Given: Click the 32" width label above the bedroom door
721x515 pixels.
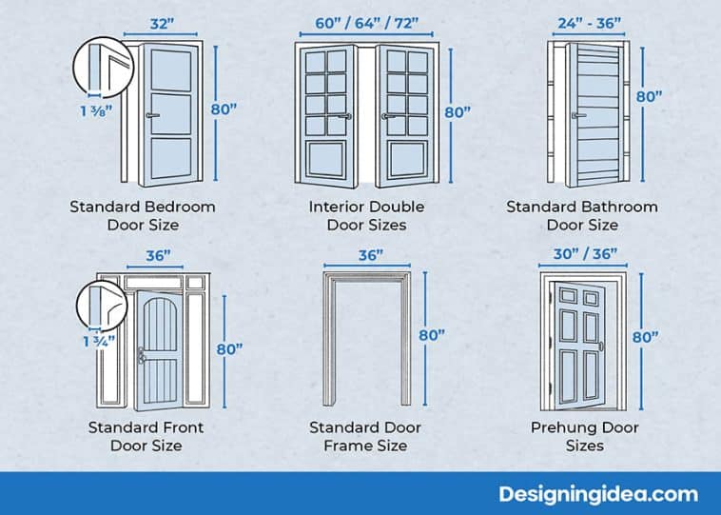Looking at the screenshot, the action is tap(161, 24).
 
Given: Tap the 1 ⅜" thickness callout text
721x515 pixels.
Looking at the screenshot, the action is tap(97, 111).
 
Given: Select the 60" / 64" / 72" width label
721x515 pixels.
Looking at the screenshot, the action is tap(366, 24).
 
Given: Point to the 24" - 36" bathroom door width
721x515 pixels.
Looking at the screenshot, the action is tap(589, 24).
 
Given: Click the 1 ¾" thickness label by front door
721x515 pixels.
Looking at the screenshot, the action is tap(99, 342).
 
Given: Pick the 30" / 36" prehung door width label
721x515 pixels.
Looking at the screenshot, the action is tap(585, 253).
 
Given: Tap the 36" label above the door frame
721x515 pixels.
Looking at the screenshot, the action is tap(370, 255).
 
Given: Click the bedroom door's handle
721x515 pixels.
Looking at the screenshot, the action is tap(153, 115).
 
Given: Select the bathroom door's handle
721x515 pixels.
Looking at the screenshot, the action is tap(579, 115).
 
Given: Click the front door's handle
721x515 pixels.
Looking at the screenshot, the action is tap(142, 355).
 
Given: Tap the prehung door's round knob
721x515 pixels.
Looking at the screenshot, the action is tap(601, 346).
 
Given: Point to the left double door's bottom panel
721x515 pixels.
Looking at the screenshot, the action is tap(326, 160).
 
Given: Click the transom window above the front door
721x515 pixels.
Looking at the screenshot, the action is tap(154, 282).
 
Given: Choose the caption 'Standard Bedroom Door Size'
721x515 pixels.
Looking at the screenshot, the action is tap(143, 215).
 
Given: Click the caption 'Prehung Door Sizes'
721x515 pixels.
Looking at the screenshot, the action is tap(585, 436).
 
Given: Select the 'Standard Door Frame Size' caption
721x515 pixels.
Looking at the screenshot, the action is tap(365, 436).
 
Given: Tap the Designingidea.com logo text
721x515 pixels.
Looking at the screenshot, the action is tap(598, 494).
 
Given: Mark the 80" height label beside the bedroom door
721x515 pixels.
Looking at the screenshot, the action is tap(224, 109).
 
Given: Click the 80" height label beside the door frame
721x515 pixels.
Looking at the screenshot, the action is tap(432, 335).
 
